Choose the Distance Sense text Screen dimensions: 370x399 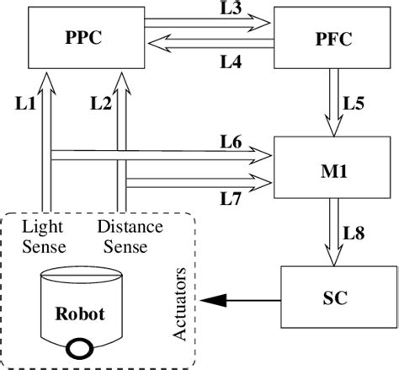123,236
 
